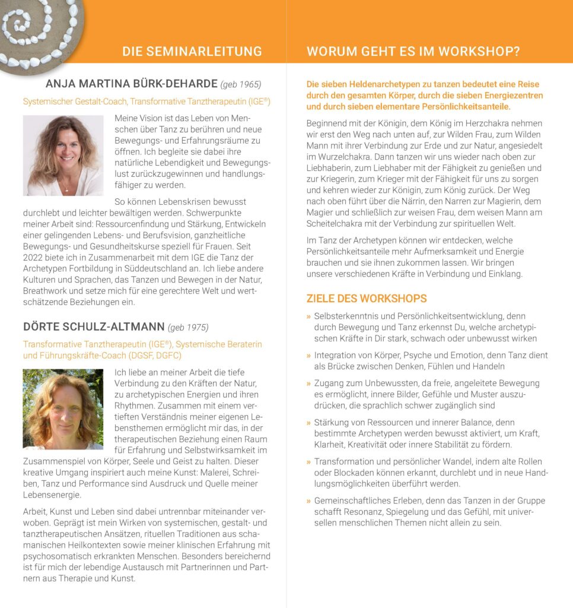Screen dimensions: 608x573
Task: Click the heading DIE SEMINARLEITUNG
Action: click(192, 51)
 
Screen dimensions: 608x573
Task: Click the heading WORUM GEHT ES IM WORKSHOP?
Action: click(413, 51)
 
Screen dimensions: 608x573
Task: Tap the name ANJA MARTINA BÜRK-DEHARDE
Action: click(130, 84)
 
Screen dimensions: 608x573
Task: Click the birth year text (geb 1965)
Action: click(241, 84)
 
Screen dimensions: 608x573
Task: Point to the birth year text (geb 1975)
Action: click(189, 327)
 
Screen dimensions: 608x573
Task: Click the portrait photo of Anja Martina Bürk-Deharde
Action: click(63, 155)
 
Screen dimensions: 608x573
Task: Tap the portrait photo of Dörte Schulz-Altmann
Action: click(63, 409)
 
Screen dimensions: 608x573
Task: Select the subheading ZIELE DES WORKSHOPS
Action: click(367, 298)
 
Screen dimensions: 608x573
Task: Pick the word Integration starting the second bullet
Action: click(337, 355)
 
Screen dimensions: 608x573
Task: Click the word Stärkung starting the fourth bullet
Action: click(332, 423)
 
